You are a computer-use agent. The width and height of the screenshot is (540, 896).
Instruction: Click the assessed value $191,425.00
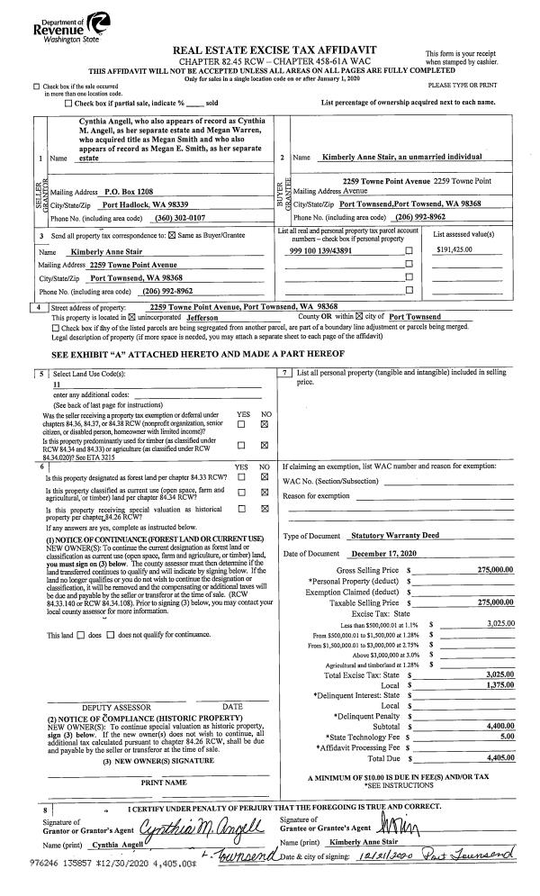455,249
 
